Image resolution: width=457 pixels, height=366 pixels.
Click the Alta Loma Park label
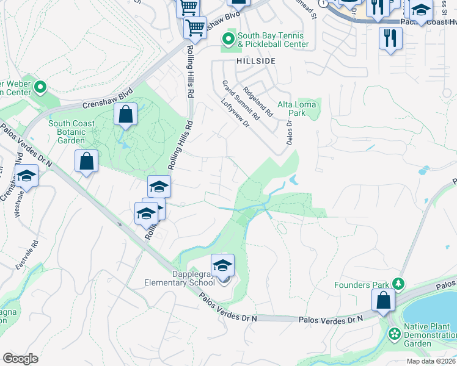click(296, 109)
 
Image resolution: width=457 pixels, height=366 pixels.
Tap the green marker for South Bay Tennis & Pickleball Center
click(228, 40)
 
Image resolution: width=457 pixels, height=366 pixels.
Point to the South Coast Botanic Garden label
click(71, 132)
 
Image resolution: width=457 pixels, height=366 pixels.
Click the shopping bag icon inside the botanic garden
click(125, 114)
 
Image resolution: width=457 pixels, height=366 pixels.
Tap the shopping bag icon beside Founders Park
click(383, 300)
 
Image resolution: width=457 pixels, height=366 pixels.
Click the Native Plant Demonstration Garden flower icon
click(395, 334)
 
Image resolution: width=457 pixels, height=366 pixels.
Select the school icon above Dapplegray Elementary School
click(222, 265)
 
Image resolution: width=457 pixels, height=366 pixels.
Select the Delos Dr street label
click(290, 132)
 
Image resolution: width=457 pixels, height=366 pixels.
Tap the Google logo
click(20, 359)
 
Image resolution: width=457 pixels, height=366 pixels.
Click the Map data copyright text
click(431, 361)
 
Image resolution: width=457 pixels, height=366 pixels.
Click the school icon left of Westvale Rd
click(26, 176)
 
